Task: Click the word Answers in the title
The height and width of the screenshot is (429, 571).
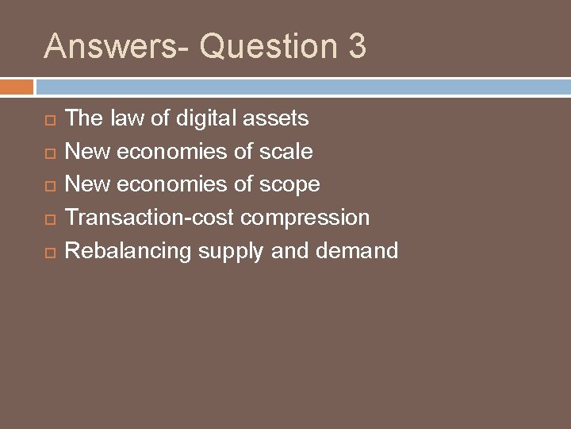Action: click(x=94, y=46)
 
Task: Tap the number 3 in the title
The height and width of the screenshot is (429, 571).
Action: click(x=356, y=46)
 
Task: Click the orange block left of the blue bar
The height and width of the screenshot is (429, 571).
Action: click(x=17, y=86)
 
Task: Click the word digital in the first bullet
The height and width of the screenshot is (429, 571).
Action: click(x=209, y=119)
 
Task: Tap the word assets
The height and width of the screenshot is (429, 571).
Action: click(x=276, y=119)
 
